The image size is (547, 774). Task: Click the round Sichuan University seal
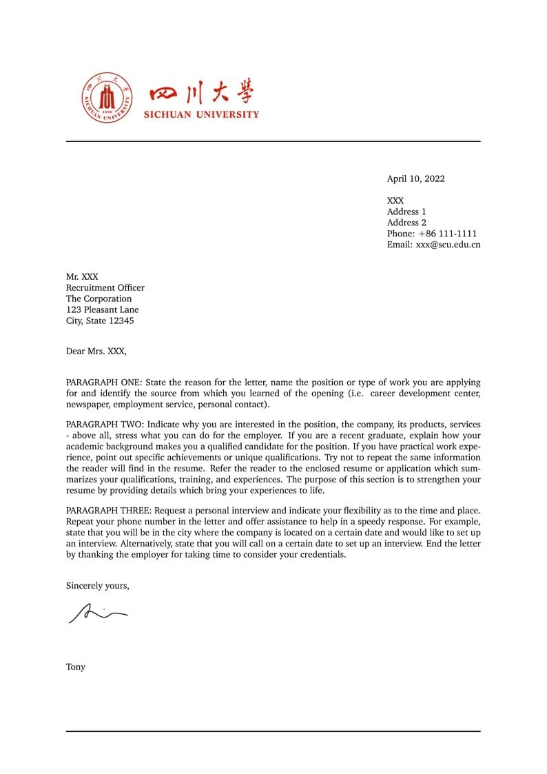(107, 98)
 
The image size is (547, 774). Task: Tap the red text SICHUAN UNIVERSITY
(201, 114)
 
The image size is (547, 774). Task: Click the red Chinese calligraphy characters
(201, 93)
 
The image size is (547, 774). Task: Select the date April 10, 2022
(415, 179)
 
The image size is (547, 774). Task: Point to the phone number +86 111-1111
(447, 234)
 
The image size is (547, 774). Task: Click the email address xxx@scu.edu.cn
(448, 245)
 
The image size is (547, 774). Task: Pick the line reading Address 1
(406, 212)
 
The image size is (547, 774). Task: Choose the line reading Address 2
(406, 223)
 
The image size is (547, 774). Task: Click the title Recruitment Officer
(105, 287)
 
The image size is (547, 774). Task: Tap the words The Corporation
(99, 298)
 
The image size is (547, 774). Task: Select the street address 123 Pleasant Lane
(102, 309)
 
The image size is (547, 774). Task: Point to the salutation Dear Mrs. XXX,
(96, 351)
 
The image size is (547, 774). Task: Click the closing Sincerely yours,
(97, 586)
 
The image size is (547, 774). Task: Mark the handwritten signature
(97, 612)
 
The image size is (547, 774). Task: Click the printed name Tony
(76, 666)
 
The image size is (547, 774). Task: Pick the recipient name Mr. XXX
(82, 276)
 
